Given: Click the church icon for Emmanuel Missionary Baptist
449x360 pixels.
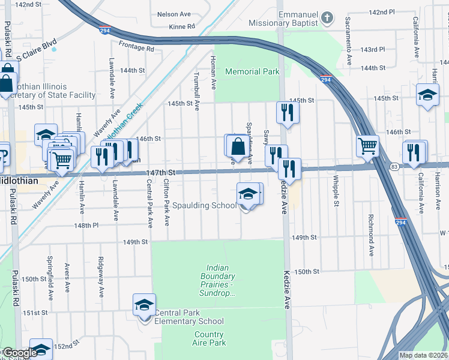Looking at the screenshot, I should coord(327,18).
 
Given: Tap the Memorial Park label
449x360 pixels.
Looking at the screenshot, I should coord(252,71).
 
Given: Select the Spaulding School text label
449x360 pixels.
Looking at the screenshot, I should coord(205,206).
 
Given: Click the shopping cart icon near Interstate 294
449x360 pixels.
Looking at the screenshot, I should coord(367,146).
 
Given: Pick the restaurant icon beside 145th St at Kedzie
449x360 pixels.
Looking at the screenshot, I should coord(287,112).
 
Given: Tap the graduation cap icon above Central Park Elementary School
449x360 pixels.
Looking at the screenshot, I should coord(144,305).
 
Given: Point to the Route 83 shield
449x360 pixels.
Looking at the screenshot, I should coord(394,166).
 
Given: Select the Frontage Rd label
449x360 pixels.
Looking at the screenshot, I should coord(136,47).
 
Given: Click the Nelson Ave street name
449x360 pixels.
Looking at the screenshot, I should coord(173,14).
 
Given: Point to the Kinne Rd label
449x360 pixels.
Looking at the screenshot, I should coord(182,27).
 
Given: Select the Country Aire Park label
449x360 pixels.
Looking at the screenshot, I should coord(209,338).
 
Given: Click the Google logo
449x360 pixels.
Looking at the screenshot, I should coord(19,353).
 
